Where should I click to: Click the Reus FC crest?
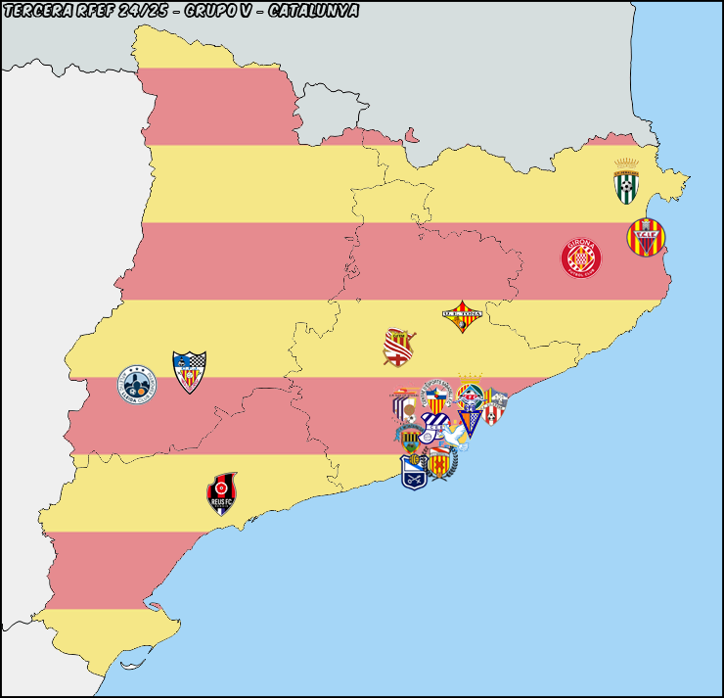222,494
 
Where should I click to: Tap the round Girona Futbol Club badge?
580,257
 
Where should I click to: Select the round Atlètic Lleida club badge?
136,385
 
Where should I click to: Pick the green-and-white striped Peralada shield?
626,183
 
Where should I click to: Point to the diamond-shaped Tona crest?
462,316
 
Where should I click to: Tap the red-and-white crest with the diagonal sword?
399,348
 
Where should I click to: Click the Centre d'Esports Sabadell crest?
436,396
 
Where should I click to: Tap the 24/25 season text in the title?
144,11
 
